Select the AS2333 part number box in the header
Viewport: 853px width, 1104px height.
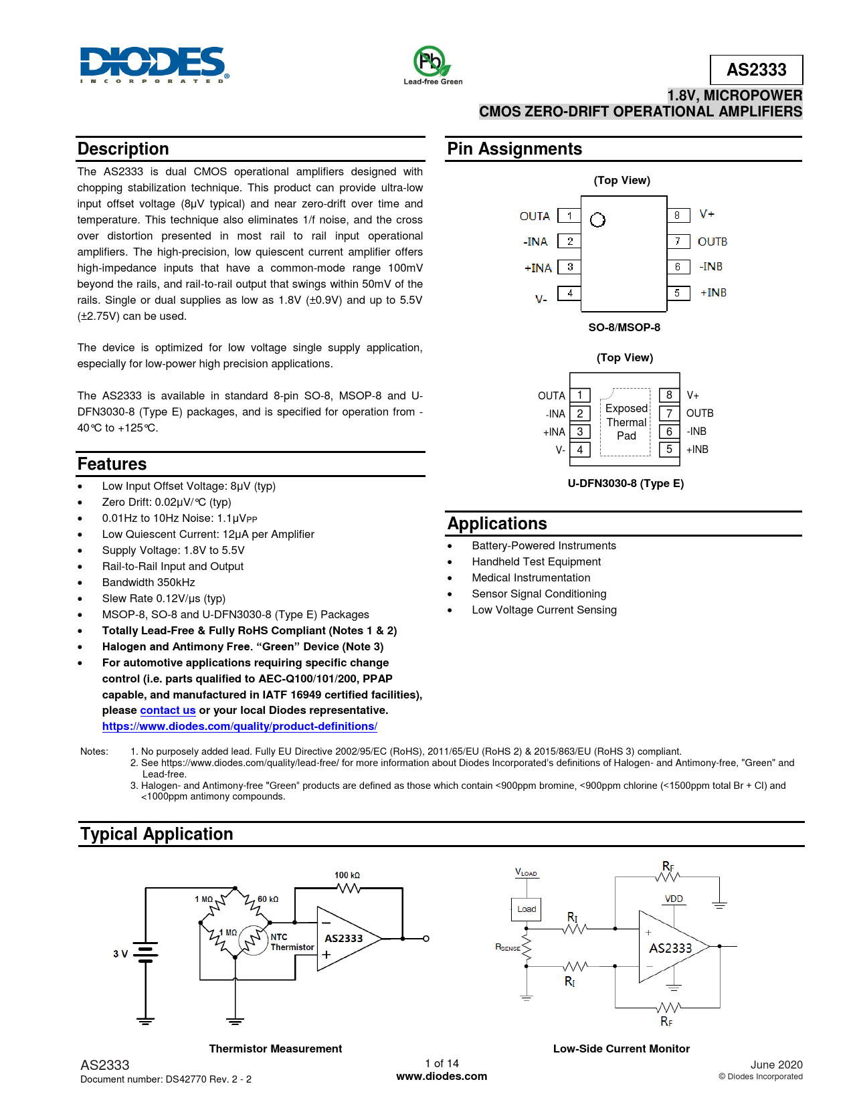coord(756,70)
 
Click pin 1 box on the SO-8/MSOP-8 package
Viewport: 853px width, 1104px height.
coord(569,215)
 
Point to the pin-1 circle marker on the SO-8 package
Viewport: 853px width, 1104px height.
coord(597,219)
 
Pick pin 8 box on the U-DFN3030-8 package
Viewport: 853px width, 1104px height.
coord(669,395)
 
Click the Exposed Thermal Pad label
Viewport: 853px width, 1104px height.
coord(626,422)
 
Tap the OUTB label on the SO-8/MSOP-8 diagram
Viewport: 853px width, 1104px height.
coord(712,242)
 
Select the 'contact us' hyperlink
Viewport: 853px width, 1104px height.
coord(168,711)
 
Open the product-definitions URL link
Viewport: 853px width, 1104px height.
coord(240,727)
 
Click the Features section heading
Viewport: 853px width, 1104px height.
coord(112,464)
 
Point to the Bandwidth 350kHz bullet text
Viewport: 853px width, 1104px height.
coord(149,583)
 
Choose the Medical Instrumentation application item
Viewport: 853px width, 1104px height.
coord(531,578)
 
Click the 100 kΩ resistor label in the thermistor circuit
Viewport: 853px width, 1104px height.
coord(347,875)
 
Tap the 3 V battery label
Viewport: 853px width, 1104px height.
coord(120,954)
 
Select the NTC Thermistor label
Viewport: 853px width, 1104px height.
coord(292,942)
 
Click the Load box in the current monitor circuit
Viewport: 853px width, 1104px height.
coord(527,909)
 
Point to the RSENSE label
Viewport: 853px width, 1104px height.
coord(508,947)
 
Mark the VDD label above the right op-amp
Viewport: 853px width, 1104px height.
coord(674,899)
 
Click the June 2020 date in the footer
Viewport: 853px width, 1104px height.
coord(776,1065)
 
